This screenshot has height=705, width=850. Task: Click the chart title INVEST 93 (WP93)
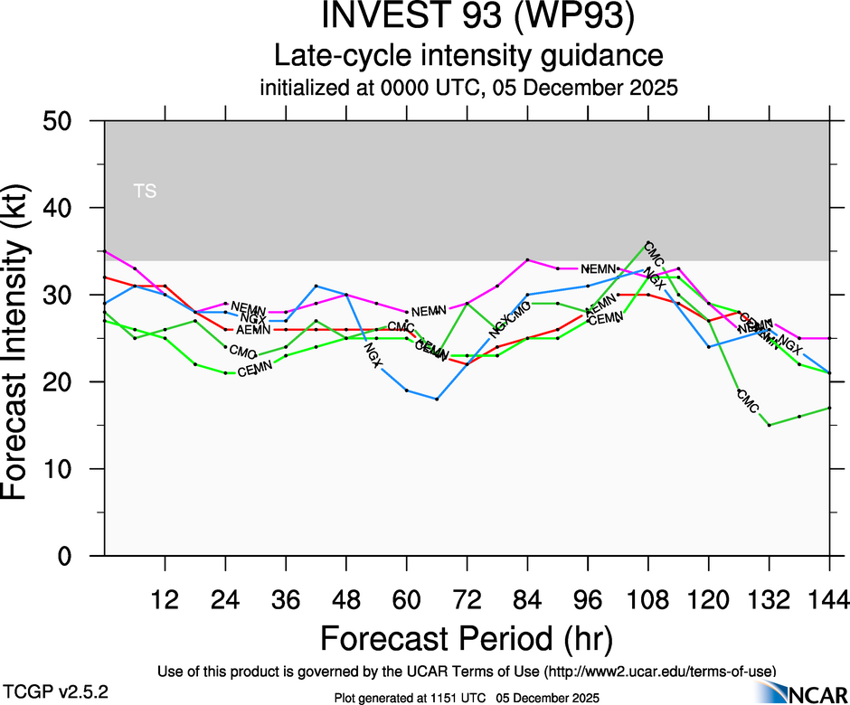(x=468, y=18)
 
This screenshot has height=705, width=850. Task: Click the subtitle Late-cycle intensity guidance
(x=468, y=56)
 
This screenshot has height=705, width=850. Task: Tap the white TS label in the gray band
(x=145, y=191)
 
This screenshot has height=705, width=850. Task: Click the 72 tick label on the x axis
(x=467, y=599)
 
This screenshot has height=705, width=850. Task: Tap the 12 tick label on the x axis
(x=165, y=599)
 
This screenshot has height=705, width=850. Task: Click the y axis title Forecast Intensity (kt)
(x=24, y=339)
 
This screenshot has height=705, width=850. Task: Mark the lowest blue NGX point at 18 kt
(x=437, y=399)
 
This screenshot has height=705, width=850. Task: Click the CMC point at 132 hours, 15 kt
(x=769, y=425)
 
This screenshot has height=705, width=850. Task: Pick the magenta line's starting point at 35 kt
(x=105, y=251)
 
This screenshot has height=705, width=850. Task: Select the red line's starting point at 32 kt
(x=105, y=277)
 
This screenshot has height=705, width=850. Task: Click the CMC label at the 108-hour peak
(x=655, y=253)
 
